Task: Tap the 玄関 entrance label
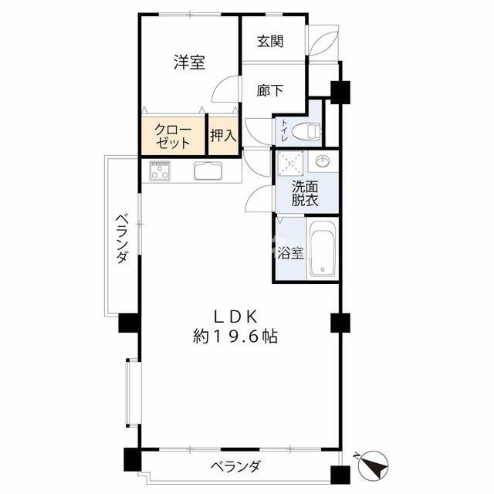[270, 41]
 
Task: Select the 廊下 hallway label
[270, 90]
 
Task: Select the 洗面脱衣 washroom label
[305, 193]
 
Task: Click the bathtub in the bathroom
[321, 249]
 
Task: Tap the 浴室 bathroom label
[290, 252]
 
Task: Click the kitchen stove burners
[161, 169]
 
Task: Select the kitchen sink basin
[208, 171]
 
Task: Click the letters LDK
[235, 316]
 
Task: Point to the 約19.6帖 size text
[236, 337]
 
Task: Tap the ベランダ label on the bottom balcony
[235, 466]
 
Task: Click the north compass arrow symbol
[372, 465]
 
